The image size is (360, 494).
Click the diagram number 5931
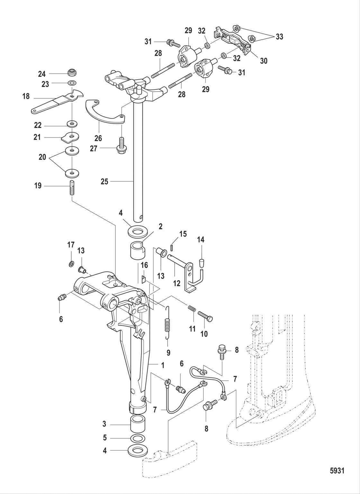(337, 471)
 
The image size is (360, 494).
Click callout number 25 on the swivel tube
(104, 182)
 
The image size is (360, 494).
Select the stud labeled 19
(72, 187)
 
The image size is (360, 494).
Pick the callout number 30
(264, 60)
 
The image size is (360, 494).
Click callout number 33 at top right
(279, 37)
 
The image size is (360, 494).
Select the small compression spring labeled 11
(192, 309)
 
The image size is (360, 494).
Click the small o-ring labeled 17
(71, 264)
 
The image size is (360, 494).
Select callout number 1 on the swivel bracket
(163, 365)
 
